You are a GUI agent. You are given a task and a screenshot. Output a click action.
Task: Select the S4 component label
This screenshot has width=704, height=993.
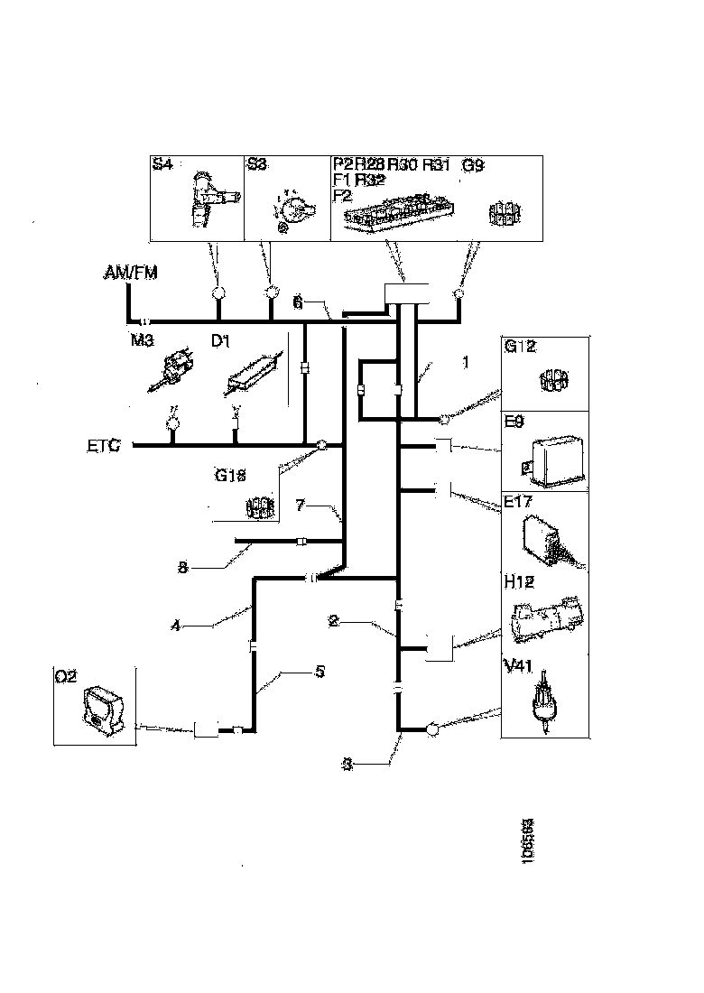point(162,165)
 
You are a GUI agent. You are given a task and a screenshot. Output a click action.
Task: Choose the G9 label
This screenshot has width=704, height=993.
point(473,165)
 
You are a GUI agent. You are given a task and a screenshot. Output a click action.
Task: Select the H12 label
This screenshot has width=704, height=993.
point(517,585)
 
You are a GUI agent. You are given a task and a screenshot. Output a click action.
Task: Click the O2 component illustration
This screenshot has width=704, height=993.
point(101,709)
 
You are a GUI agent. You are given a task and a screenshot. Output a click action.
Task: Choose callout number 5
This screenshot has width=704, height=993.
point(296,673)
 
